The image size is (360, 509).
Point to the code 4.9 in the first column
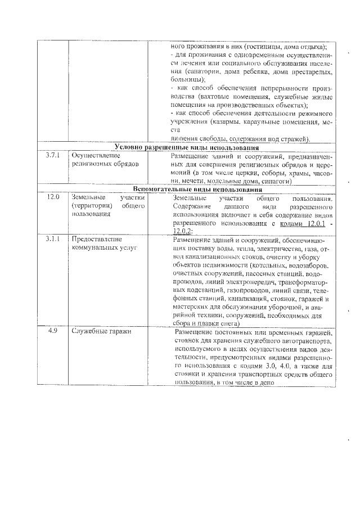(x=52, y=331)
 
